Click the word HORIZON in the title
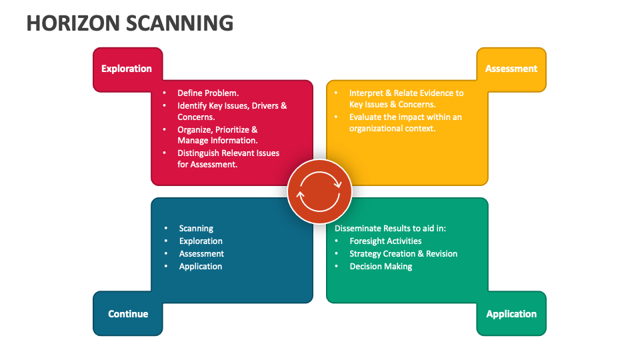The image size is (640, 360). (x=73, y=23)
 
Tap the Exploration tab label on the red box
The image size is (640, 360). (x=127, y=69)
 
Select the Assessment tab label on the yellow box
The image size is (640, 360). (x=511, y=69)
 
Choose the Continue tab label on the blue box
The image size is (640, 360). (x=128, y=314)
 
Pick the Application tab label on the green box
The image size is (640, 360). (x=511, y=314)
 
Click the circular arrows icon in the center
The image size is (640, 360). (x=320, y=192)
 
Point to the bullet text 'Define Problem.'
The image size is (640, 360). (x=208, y=93)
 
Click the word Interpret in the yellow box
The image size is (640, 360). (x=369, y=93)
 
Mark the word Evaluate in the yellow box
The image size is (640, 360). (x=367, y=117)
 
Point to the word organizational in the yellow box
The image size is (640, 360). (x=377, y=129)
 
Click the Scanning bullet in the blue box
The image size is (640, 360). (x=196, y=228)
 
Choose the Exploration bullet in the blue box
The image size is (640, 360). (x=201, y=241)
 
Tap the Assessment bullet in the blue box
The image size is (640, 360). (x=201, y=253)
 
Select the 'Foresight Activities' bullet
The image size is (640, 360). (x=385, y=241)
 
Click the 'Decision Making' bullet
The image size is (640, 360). (x=381, y=266)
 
